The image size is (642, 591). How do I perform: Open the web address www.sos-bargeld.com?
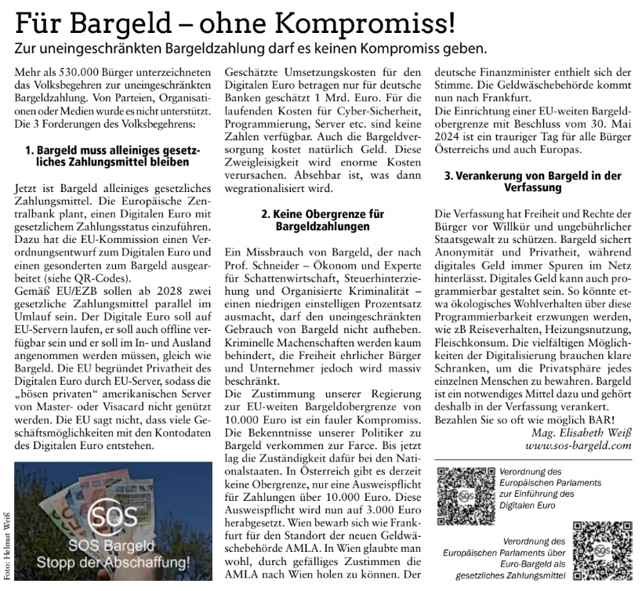coord(568,444)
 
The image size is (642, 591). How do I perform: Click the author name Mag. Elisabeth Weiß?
coord(573,430)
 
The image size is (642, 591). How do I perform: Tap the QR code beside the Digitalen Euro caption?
coord(466,490)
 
